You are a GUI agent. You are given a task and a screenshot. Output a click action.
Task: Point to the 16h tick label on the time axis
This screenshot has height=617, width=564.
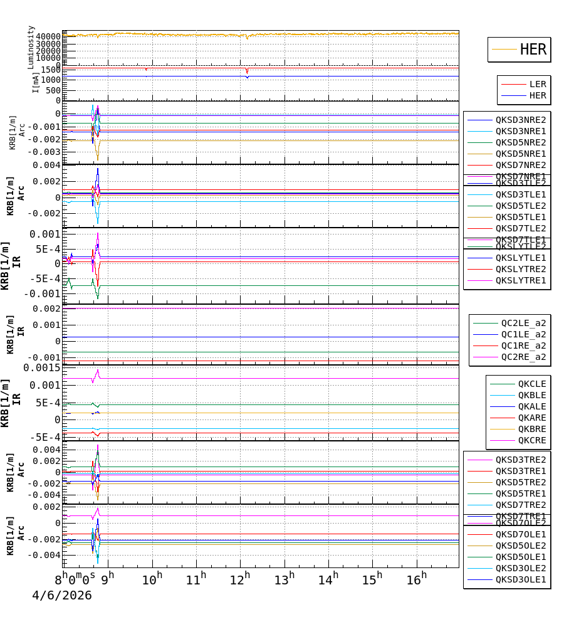click(416, 578)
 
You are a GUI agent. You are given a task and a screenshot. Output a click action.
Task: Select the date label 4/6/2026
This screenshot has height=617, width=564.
click(61, 596)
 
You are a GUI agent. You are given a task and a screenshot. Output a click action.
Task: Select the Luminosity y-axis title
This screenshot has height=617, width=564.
click(31, 48)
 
